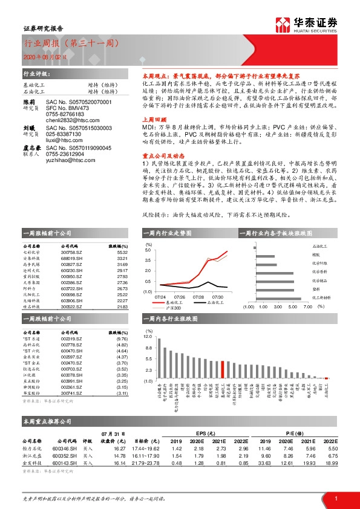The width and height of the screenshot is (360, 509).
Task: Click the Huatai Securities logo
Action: [x=307, y=24]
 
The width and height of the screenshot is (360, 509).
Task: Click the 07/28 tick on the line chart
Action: [x=198, y=297]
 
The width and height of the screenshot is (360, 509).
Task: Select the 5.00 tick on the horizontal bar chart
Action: [x=292, y=307]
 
